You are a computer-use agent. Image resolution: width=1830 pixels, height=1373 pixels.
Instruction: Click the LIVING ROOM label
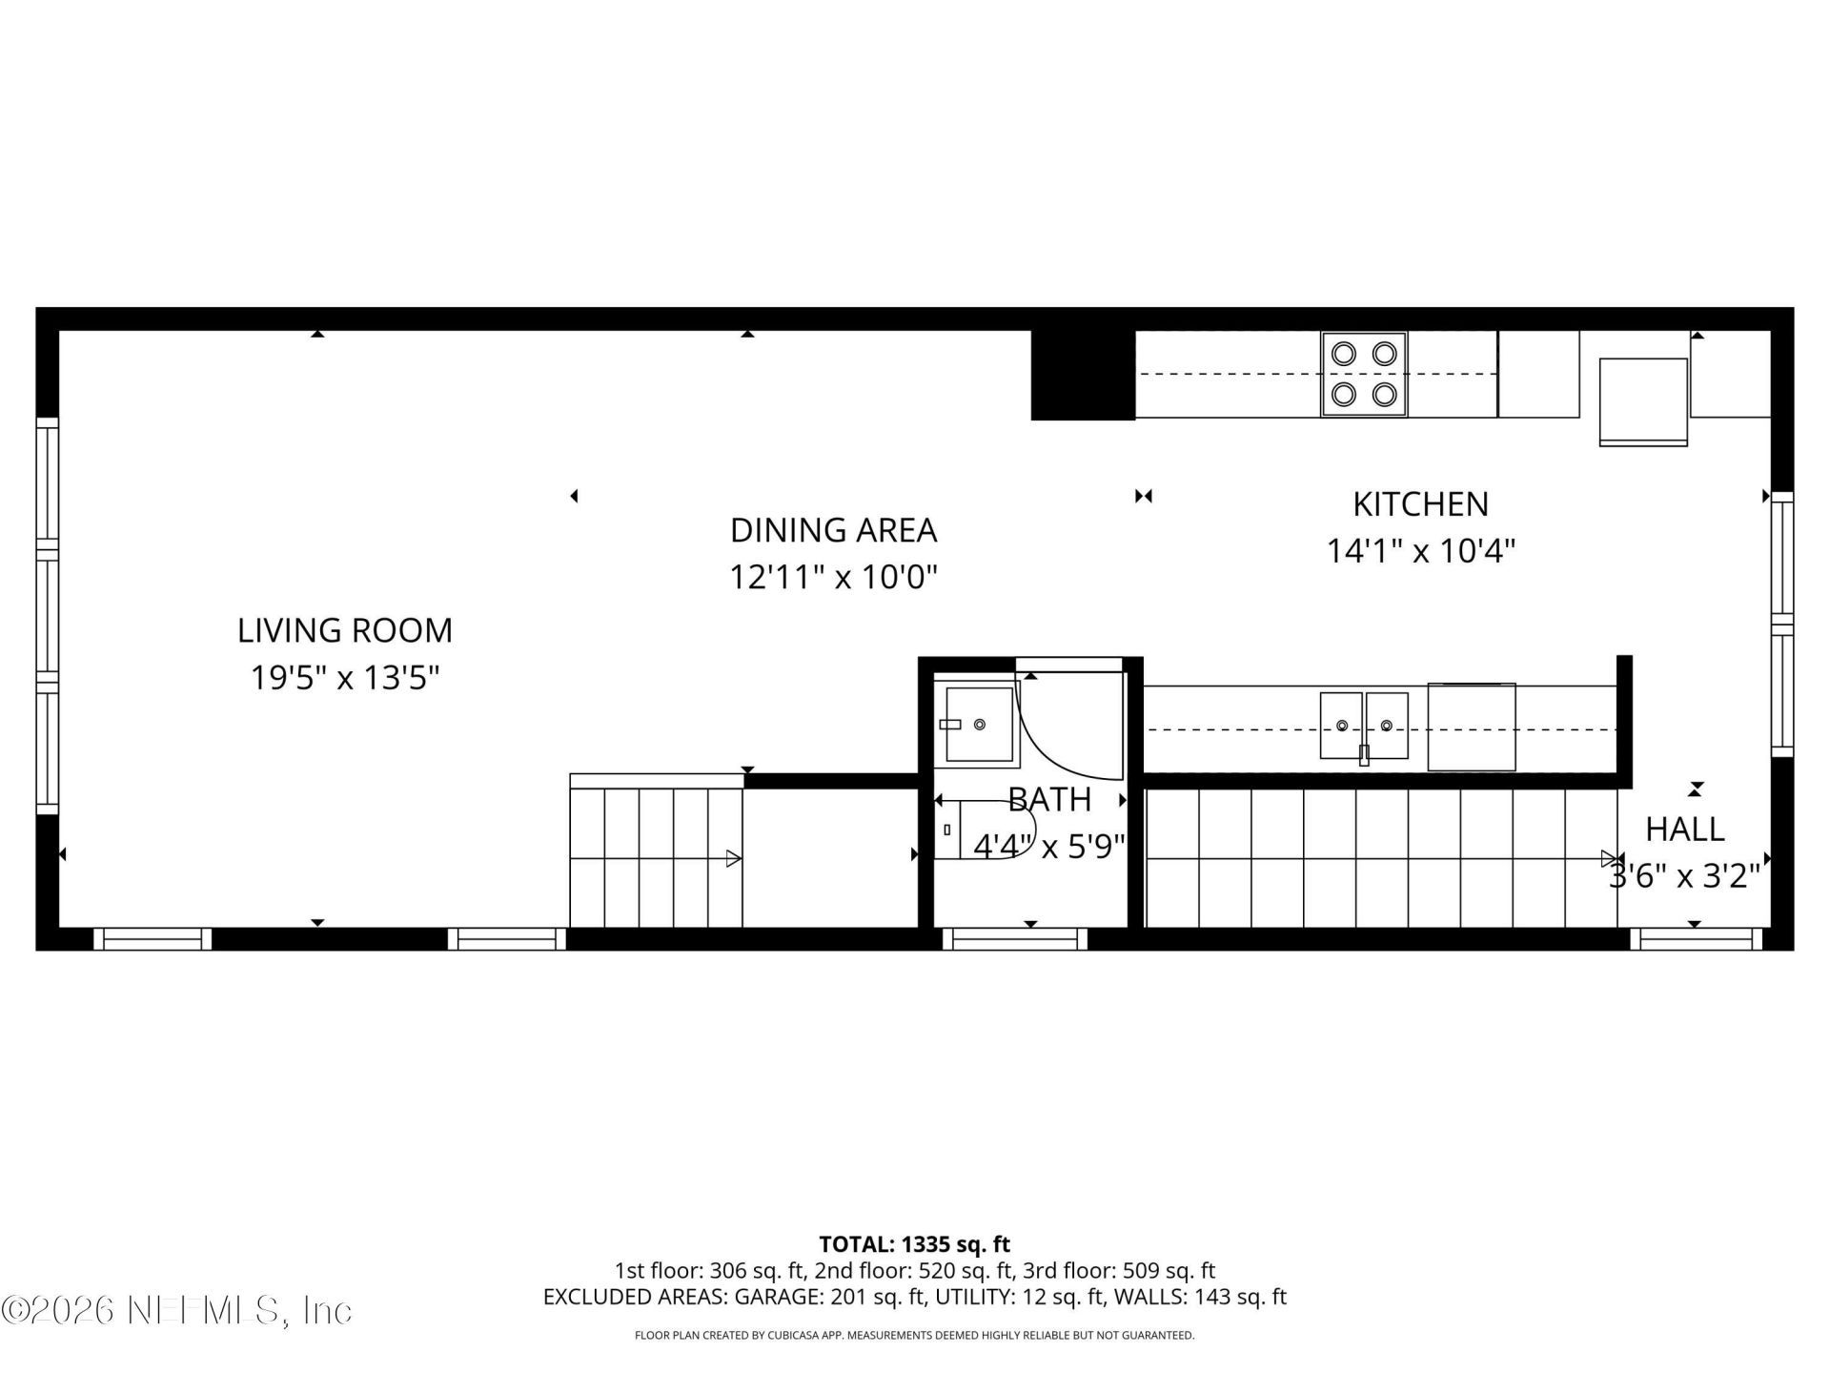(344, 630)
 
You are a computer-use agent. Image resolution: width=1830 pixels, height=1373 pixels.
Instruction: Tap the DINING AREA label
(833, 530)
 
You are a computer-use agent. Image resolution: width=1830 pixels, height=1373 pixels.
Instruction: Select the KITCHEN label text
(1420, 503)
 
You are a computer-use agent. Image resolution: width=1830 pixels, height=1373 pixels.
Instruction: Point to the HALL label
(1684, 830)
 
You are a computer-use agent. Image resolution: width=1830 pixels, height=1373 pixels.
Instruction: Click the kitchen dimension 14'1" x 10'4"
(1420, 551)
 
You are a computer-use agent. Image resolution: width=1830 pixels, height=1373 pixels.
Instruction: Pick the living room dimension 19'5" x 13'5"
(344, 678)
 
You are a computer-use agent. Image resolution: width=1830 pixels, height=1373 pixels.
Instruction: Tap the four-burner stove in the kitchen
(1363, 374)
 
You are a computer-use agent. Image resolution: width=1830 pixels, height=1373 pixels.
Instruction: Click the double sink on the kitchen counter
(1363, 727)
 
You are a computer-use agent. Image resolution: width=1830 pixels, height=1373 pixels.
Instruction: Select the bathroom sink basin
(978, 725)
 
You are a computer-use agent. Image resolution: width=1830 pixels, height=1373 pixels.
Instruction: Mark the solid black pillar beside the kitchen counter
(1083, 375)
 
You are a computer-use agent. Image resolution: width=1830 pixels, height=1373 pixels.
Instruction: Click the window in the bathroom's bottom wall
(1015, 939)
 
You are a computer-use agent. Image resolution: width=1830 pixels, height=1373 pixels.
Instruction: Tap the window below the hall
(1696, 939)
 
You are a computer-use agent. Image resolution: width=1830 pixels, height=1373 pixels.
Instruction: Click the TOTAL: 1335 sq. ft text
(914, 1244)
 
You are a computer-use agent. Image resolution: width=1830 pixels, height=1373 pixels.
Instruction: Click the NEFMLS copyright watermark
(176, 1310)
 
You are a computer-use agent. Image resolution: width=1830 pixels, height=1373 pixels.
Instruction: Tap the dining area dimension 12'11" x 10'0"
(833, 578)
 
